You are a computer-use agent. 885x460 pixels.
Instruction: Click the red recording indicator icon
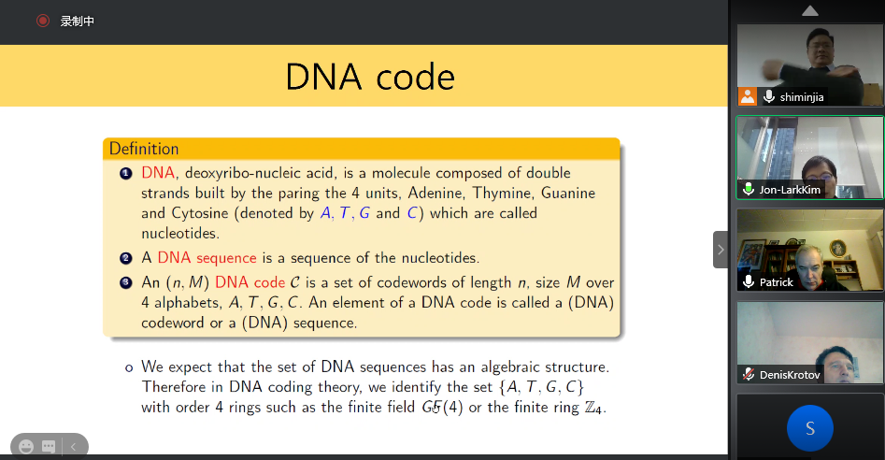[43, 21]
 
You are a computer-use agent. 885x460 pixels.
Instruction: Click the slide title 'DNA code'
[370, 77]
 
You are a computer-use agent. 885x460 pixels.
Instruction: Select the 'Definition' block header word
[144, 149]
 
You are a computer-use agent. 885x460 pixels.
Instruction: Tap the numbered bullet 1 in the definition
[126, 173]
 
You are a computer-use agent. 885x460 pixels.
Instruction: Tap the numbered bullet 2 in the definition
[126, 258]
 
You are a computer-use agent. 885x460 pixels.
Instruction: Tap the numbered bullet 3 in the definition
[126, 282]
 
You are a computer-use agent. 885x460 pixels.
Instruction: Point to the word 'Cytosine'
[200, 213]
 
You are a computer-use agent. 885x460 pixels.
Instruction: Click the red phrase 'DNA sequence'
[207, 258]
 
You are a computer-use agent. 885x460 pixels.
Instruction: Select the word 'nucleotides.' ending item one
[180, 233]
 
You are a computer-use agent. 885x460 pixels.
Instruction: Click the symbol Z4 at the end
[594, 408]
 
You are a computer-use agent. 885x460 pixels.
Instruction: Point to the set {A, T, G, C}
[541, 387]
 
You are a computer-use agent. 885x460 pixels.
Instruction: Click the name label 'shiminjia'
[802, 97]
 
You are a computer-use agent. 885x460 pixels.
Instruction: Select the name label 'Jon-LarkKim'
[790, 190]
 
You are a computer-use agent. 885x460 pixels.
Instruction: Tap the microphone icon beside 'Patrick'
[749, 281]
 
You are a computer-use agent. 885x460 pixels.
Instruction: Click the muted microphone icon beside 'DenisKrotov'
[749, 374]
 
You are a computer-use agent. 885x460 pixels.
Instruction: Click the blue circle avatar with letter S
[810, 428]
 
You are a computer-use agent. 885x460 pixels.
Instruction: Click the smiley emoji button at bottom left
[26, 447]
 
